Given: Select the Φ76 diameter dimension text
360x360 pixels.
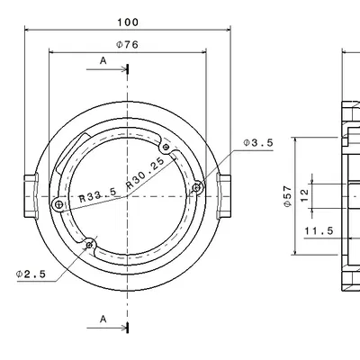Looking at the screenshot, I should [128, 44].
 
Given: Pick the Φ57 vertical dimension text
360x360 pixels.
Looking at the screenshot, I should [287, 197].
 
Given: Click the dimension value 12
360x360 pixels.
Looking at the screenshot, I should [305, 193].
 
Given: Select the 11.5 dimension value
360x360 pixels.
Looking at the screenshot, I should [319, 231].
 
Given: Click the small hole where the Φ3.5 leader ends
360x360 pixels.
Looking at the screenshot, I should [197, 186].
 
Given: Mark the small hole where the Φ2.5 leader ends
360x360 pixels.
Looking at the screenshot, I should [89, 244].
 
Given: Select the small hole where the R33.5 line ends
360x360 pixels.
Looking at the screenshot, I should [58, 205].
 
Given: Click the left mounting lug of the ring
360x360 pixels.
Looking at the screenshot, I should [31, 194].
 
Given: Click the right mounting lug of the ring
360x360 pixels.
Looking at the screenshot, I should [224, 194].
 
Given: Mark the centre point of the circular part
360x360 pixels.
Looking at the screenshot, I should [128, 194].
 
